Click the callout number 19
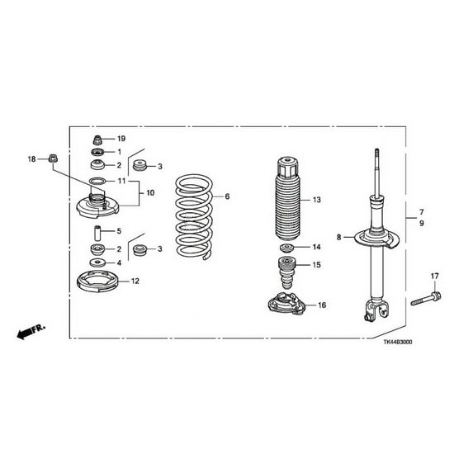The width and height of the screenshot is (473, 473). tap(121, 139)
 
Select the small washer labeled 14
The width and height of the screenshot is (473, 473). tap(286, 249)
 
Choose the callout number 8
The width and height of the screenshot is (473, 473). tap(338, 238)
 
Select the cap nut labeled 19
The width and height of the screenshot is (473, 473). tap(97, 139)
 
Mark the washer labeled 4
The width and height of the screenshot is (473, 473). tap(97, 263)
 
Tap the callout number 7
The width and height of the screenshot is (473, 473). tap(421, 211)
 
